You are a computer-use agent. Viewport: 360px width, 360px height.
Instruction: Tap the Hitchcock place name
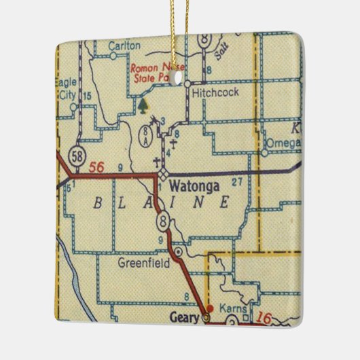pyautogui.click(x=215, y=94)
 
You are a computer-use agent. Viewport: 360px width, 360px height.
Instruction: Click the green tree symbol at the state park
pyautogui.click(x=143, y=105)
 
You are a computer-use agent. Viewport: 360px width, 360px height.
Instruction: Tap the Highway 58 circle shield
pyautogui.click(x=77, y=153)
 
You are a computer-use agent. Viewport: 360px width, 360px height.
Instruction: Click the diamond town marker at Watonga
pyautogui.click(x=163, y=175)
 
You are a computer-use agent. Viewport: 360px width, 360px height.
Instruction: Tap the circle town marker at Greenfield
pyautogui.click(x=178, y=251)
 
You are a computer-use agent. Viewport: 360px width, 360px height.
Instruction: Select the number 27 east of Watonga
pyautogui.click(x=237, y=181)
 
